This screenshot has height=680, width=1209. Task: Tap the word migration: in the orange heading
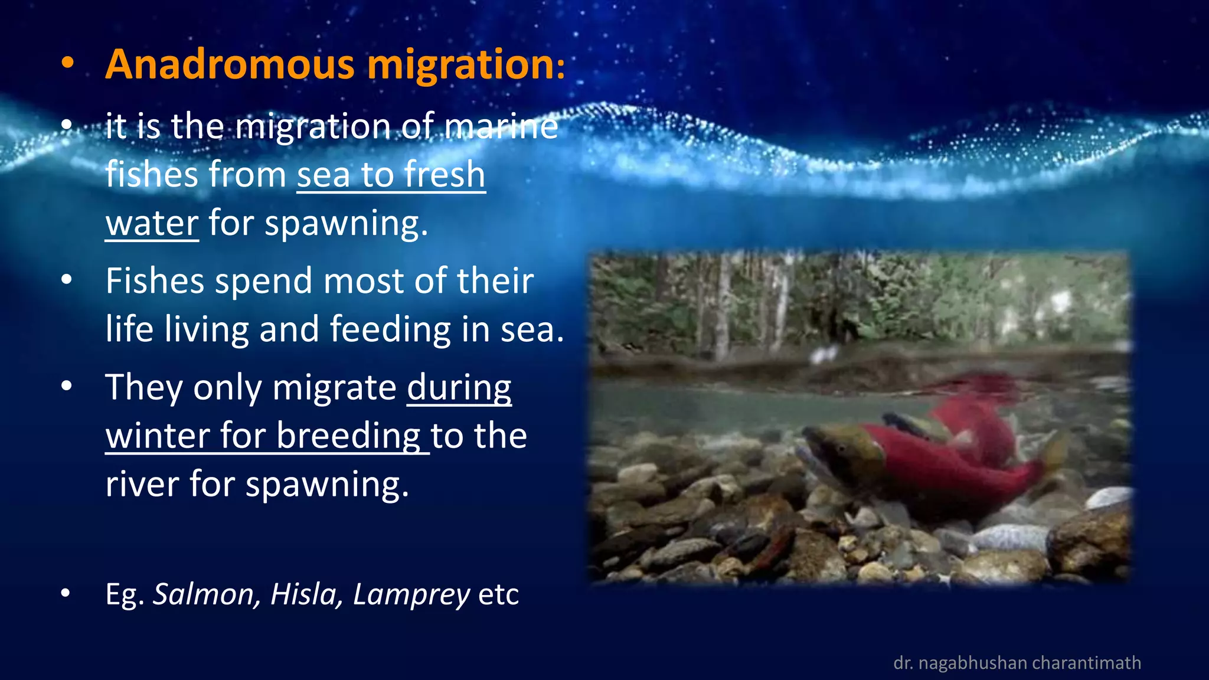click(x=466, y=65)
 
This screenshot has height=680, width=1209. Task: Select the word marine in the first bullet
click(x=501, y=126)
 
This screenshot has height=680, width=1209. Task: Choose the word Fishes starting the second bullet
click(x=156, y=281)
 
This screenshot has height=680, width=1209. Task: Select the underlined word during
click(x=459, y=388)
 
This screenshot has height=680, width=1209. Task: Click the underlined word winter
click(x=157, y=436)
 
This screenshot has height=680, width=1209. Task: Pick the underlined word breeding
click(x=348, y=437)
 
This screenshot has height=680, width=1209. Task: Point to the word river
click(x=142, y=484)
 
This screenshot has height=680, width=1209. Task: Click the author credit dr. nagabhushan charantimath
click(x=1017, y=663)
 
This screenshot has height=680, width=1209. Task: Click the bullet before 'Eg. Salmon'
click(x=66, y=594)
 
